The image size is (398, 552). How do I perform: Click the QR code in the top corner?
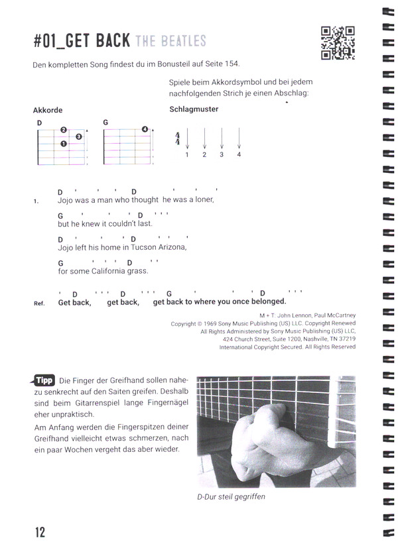tap(337, 43)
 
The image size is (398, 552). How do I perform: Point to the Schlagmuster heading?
tap(194, 109)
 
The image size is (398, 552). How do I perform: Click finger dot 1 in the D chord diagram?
tap(64, 144)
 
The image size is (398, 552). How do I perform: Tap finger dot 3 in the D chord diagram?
tap(78, 137)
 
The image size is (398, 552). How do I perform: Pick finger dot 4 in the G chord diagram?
tap(145, 129)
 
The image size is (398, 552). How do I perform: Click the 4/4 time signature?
tap(178, 139)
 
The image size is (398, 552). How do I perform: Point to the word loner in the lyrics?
tap(202, 199)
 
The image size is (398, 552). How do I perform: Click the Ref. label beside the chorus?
tap(38, 304)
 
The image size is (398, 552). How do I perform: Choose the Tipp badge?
tap(44, 380)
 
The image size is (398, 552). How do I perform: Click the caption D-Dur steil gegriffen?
tap(231, 496)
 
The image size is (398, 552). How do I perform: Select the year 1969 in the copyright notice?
tap(216, 324)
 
